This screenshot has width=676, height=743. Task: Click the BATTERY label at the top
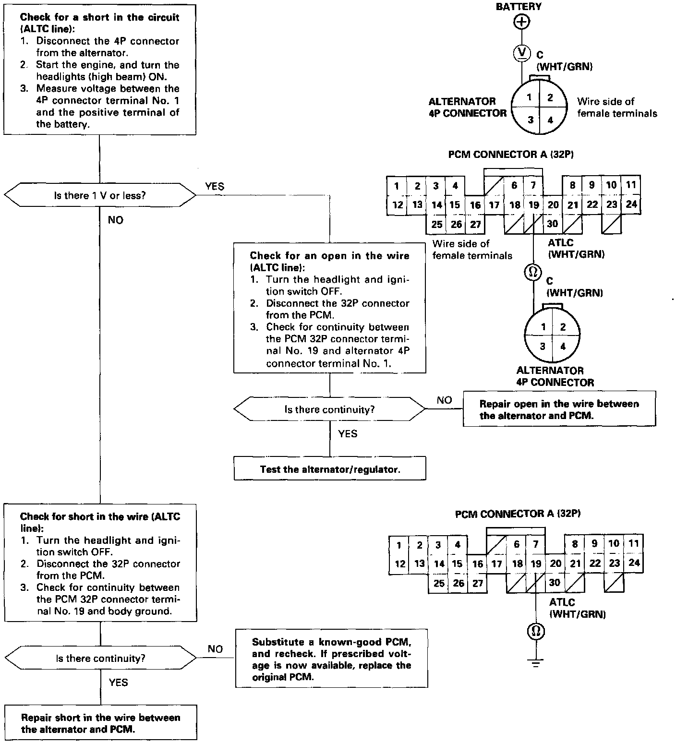click(519, 7)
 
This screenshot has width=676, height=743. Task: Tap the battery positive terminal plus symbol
click(521, 22)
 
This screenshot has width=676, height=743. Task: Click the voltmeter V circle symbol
click(521, 52)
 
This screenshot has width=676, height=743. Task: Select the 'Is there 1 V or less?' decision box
click(100, 195)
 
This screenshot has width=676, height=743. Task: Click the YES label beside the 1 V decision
click(214, 186)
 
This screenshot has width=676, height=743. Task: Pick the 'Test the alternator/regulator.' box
click(330, 469)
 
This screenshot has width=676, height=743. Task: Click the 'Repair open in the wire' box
click(559, 409)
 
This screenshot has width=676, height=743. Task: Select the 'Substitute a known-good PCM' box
click(331, 659)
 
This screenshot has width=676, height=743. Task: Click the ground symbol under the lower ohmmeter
click(537, 664)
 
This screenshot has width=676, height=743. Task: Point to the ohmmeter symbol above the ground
click(536, 631)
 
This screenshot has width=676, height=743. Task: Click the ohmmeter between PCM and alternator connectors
click(533, 272)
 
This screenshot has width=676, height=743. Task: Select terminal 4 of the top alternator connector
click(550, 120)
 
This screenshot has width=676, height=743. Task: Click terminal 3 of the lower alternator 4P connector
click(543, 346)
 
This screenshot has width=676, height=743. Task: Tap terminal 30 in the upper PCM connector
click(553, 224)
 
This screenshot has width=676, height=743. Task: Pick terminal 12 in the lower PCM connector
click(399, 564)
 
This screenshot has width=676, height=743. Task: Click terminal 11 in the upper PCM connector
click(631, 185)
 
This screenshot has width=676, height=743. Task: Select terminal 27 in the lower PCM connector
click(477, 583)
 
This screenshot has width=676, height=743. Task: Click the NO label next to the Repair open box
click(444, 400)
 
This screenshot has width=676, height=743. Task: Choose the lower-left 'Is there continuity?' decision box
click(100, 658)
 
